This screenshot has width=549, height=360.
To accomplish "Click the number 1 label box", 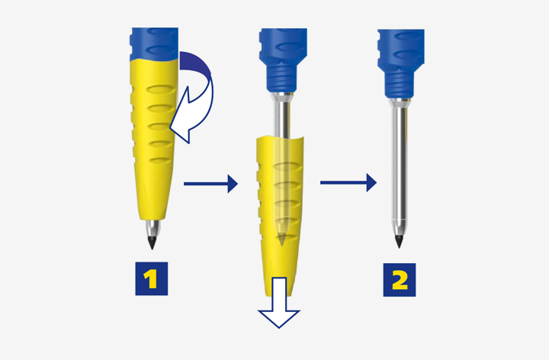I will [x=151, y=278].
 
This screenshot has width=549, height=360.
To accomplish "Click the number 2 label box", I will [x=400, y=278].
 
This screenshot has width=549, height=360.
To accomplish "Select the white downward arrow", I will [x=279, y=305].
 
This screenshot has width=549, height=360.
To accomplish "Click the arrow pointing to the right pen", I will [x=348, y=183].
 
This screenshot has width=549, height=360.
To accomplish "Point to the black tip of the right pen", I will [x=399, y=241].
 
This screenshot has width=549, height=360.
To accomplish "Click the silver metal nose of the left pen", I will [x=153, y=227].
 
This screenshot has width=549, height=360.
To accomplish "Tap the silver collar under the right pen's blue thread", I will [x=398, y=102].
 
